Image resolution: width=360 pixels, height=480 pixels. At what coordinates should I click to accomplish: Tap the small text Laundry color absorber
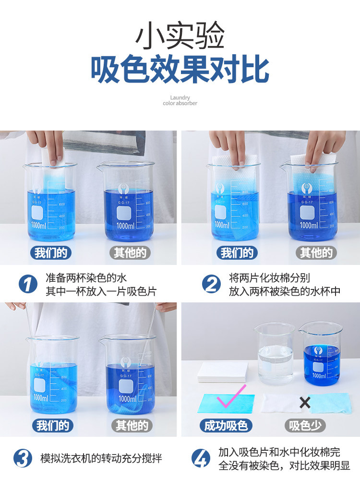pos(180,100)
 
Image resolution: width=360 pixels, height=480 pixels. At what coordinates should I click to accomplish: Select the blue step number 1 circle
pos(28,284)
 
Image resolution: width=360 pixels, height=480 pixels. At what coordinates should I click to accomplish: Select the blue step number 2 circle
pos(211,284)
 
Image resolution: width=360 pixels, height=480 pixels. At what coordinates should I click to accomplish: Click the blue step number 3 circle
pos(23,458)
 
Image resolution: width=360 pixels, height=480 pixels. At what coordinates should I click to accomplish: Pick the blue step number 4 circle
pos(201,458)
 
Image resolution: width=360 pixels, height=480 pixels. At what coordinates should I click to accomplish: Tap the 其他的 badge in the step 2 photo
pos(315,252)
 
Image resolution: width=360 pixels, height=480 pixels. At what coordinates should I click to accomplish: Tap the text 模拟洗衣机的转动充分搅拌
pos(101,458)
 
